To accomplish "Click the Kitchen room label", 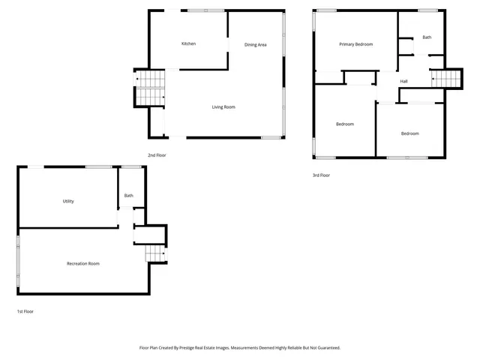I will click(x=189, y=43).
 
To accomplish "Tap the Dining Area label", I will click(x=256, y=45).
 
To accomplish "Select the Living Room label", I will click(x=223, y=107).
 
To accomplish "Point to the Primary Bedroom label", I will click(x=355, y=44).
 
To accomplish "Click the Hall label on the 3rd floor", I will click(x=403, y=81).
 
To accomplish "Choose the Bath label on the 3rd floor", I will click(x=427, y=37).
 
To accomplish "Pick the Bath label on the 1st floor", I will click(x=129, y=196).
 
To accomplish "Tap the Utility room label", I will click(x=68, y=201).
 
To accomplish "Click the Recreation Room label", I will click(x=83, y=263).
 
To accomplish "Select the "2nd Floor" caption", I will click(x=157, y=155).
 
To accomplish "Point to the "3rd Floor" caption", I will click(x=321, y=175).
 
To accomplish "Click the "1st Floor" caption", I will click(x=25, y=310).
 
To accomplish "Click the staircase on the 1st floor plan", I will click(x=155, y=256).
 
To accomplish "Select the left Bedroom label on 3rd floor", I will click(x=345, y=124).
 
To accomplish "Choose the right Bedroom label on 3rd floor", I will click(x=409, y=133).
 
